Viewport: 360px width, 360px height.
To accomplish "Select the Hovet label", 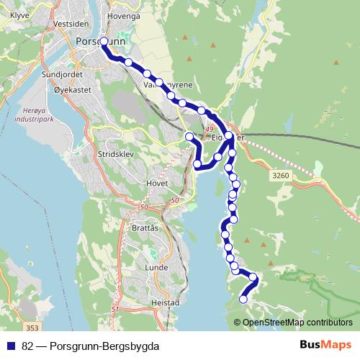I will (157, 182).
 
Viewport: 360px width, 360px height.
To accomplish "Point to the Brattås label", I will (145, 228).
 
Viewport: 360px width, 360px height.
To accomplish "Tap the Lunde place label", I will (156, 267).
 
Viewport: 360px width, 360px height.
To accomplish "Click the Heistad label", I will (166, 303).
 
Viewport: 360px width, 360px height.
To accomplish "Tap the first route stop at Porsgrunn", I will (104, 42).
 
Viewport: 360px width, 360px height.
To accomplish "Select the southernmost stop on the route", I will (243, 299).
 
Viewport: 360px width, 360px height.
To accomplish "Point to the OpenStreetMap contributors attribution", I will (293, 323).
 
